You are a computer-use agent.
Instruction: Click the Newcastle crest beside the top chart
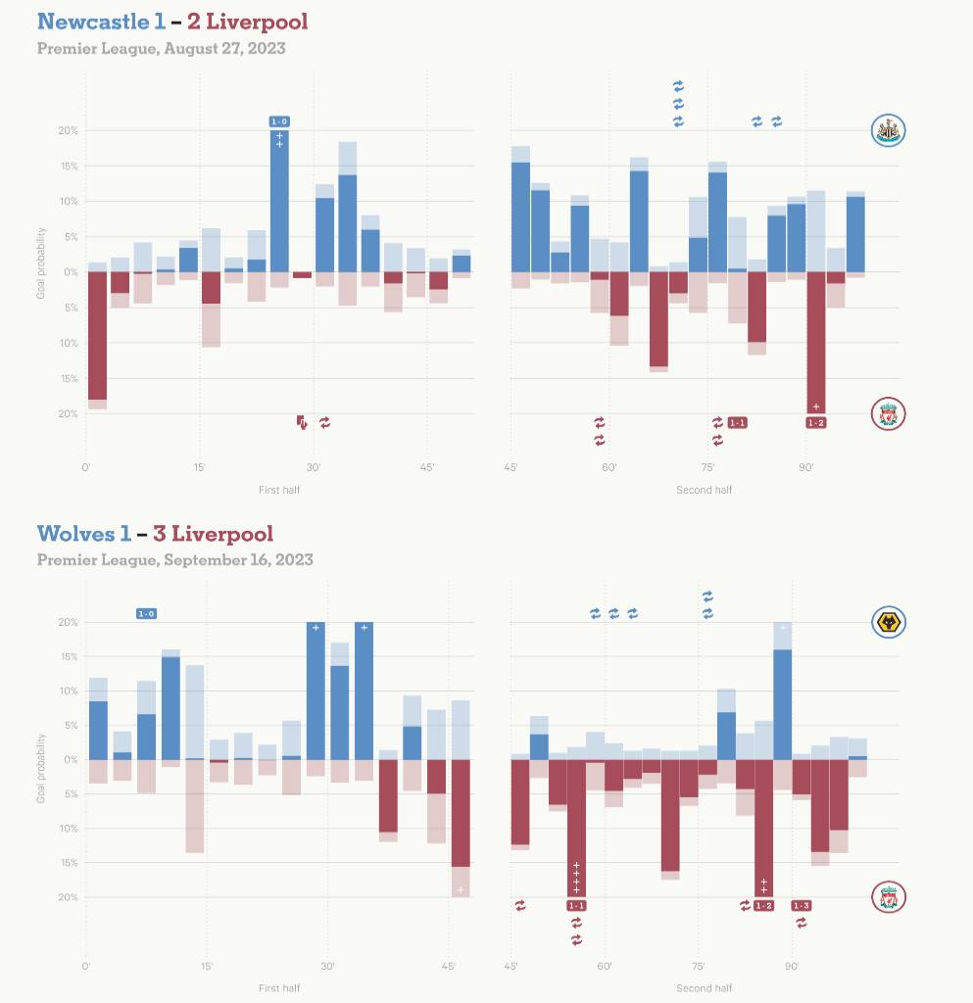tap(888, 130)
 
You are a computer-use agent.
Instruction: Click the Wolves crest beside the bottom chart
tap(888, 622)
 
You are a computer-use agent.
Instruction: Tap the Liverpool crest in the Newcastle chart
tap(888, 414)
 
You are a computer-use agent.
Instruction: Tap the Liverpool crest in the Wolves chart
tap(888, 896)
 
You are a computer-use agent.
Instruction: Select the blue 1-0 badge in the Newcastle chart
tap(279, 121)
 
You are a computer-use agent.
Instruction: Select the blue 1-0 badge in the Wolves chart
tap(146, 614)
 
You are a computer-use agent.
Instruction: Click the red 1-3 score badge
tap(801, 906)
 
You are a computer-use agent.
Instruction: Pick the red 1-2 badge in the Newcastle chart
tap(815, 422)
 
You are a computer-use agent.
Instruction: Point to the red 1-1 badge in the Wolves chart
tap(576, 906)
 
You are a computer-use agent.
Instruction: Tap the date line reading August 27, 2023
tap(161, 48)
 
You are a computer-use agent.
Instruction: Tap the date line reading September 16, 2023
tap(174, 560)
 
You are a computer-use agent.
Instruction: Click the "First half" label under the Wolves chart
tap(279, 988)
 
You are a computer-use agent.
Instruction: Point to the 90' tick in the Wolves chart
tap(792, 967)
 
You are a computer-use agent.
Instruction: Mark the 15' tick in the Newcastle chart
tap(200, 468)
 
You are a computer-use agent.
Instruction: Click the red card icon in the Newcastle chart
tap(302, 422)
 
